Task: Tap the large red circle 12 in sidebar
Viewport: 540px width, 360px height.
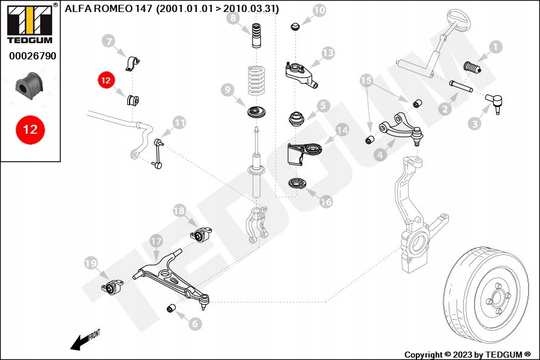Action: (x=30, y=129)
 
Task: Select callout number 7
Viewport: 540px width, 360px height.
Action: (x=108, y=41)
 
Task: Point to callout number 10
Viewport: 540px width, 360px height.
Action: (x=319, y=10)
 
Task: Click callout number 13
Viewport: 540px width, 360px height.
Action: (x=327, y=53)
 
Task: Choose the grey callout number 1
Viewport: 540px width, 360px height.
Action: (x=495, y=46)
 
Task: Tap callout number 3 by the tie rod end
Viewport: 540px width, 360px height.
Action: (x=475, y=124)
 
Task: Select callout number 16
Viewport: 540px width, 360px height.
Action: (x=325, y=202)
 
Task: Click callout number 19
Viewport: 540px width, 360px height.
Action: (x=91, y=263)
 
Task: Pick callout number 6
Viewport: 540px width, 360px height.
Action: (x=195, y=324)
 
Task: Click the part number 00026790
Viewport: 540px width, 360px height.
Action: (x=32, y=56)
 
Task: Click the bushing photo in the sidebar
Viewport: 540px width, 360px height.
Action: (x=29, y=86)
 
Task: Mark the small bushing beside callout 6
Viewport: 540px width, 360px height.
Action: (x=171, y=308)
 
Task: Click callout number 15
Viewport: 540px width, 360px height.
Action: (x=366, y=80)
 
